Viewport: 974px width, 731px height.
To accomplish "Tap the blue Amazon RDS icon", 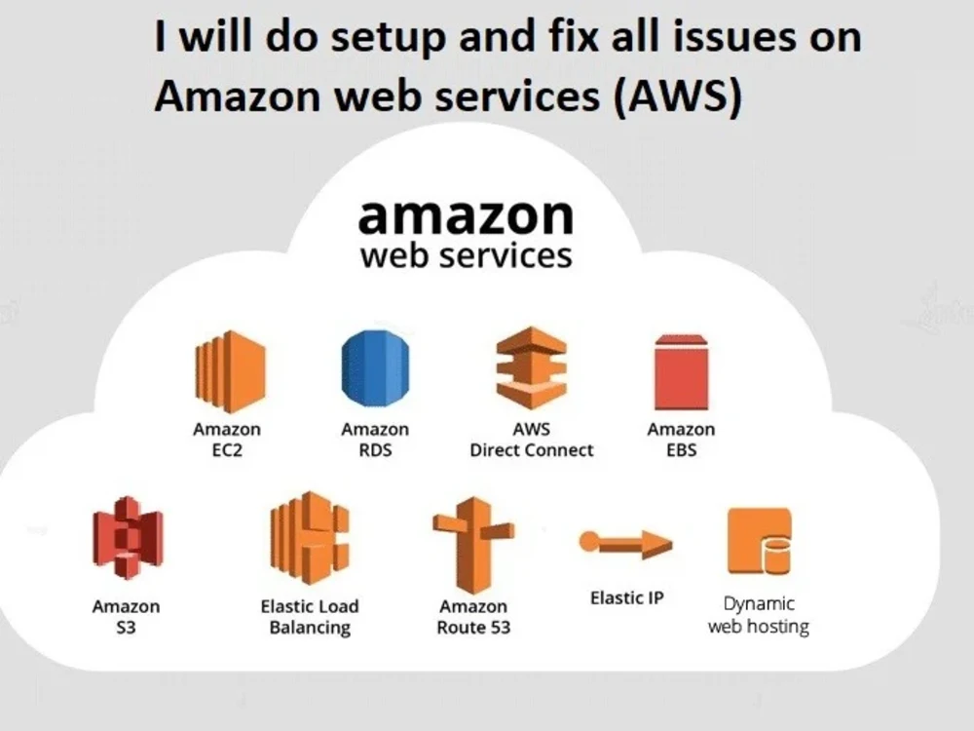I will [x=374, y=369].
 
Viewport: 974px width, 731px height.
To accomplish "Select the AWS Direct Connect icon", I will [x=531, y=369].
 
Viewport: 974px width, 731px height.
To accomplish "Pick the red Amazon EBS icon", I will [x=681, y=372].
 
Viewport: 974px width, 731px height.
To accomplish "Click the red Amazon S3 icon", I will [x=127, y=538].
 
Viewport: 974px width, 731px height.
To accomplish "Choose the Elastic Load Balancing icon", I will [x=309, y=537].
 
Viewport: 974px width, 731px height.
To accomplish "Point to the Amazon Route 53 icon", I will [x=472, y=543].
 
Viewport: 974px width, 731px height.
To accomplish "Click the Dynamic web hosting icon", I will [x=759, y=542].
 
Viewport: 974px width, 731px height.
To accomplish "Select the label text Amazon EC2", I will [x=227, y=441].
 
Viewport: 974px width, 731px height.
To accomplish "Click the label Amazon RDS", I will [x=375, y=441].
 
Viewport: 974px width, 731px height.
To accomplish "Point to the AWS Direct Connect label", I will [x=531, y=441].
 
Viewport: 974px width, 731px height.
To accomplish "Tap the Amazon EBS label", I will [x=681, y=441].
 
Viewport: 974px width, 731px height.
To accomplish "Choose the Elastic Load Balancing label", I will [x=309, y=617].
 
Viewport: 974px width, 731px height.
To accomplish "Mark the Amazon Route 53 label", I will [x=472, y=617].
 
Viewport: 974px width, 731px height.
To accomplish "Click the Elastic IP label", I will [x=626, y=597].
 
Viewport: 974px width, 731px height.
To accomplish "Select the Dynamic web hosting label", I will [x=758, y=615].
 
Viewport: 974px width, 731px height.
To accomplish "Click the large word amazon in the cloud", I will [x=466, y=216].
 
